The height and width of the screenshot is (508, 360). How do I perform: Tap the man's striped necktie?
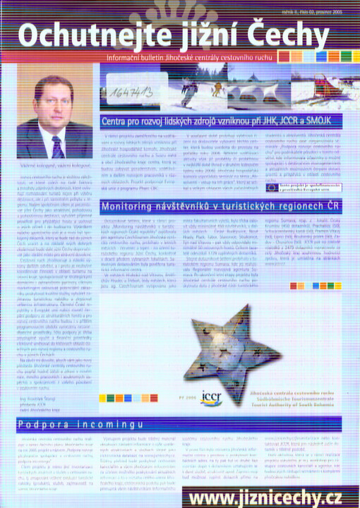(57, 145)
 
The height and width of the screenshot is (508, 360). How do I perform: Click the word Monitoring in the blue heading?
(129, 188)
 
